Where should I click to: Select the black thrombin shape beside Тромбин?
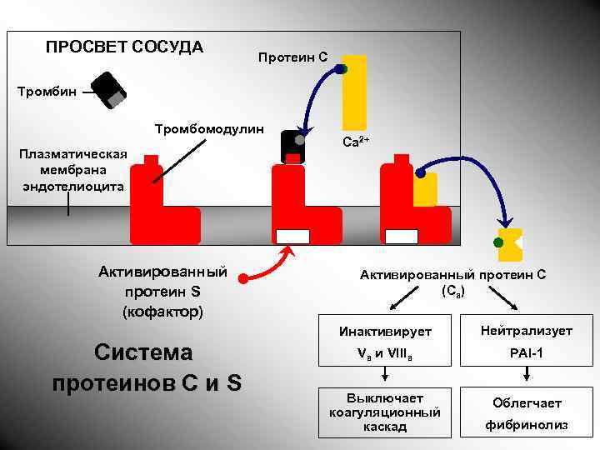[108, 90]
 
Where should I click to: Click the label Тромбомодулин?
[209, 129]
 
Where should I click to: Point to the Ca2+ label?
[357, 142]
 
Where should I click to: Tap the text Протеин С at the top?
[293, 57]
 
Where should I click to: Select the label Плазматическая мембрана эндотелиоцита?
[74, 170]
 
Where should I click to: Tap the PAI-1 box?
[526, 353]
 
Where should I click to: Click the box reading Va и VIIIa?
[384, 353]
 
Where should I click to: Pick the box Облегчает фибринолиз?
[526, 412]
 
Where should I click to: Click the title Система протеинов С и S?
[146, 367]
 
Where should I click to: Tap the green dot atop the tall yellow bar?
[342, 69]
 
